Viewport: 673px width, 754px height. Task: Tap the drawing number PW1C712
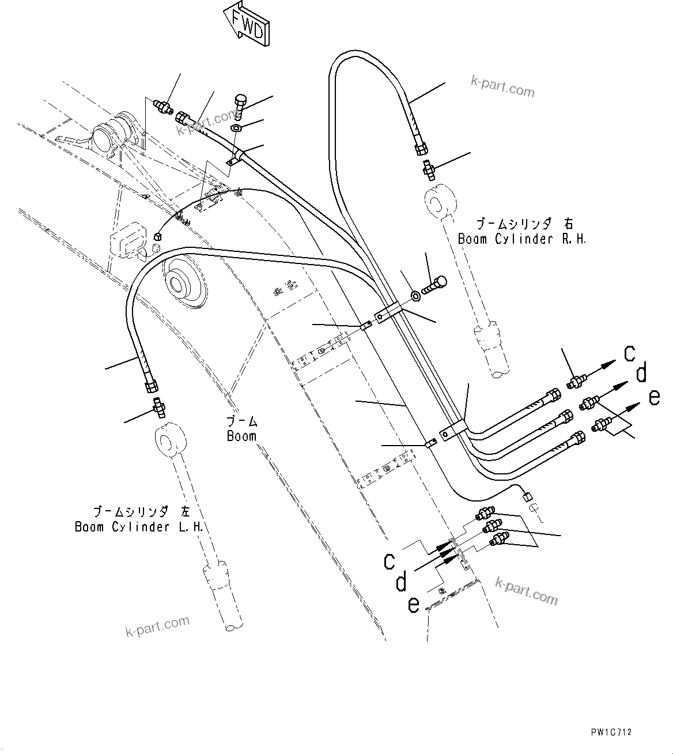pos(611,732)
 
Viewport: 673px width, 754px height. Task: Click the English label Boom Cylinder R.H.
pos(522,239)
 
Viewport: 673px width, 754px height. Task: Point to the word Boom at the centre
pos(241,436)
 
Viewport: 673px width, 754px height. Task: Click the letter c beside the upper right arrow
pos(630,353)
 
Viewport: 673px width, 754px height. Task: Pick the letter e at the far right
pos(653,397)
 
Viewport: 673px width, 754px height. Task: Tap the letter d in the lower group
pos(402,582)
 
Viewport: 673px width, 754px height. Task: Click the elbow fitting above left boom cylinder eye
pos(159,407)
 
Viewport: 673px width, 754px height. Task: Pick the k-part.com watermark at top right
pos(502,86)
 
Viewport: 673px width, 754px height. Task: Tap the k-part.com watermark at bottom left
pos(157,627)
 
